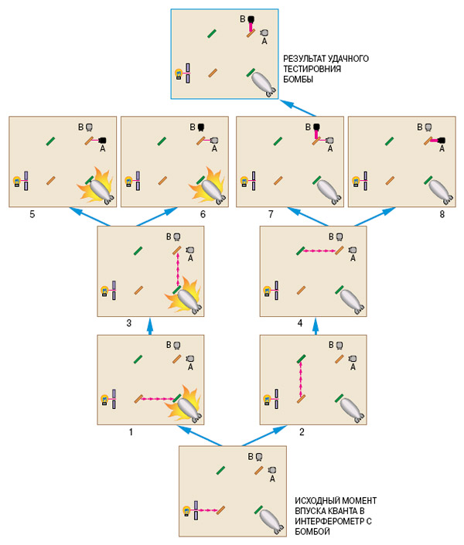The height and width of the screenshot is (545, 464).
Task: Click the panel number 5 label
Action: pyautogui.click(x=32, y=215)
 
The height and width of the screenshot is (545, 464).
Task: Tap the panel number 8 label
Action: pyautogui.click(x=442, y=215)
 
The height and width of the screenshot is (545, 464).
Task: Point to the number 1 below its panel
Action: pyautogui.click(x=131, y=433)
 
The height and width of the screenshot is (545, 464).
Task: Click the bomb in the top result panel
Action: pyautogui.click(x=264, y=82)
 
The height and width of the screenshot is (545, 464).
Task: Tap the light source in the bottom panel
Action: pyautogui.click(x=186, y=510)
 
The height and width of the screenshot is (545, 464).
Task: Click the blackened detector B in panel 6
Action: pyautogui.click(x=200, y=125)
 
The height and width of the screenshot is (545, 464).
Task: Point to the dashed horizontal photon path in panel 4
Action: pyautogui.click(x=319, y=251)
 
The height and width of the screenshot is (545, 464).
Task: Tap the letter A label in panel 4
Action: pyautogui.click(x=352, y=260)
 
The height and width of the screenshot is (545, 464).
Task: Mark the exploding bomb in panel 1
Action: pyautogui.click(x=185, y=402)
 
